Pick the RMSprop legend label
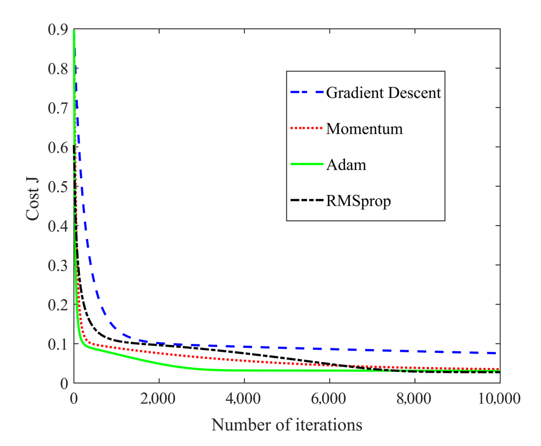[358, 201]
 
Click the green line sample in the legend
[307, 164]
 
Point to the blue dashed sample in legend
[307, 92]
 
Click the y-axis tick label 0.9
[58, 30]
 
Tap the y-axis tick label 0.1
[58, 344]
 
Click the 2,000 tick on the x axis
[158, 399]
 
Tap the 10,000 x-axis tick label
[499, 399]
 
